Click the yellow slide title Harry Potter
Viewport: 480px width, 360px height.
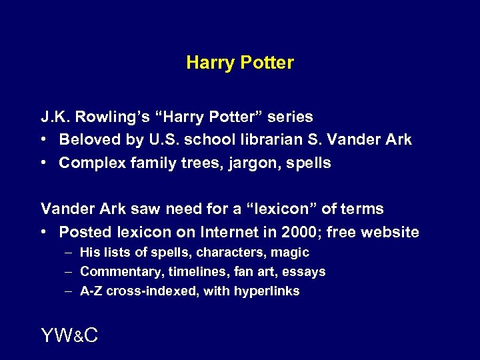pyautogui.click(x=240, y=63)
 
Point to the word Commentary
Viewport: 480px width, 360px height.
pyautogui.click(x=121, y=272)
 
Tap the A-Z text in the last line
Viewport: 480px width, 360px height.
pyautogui.click(x=91, y=291)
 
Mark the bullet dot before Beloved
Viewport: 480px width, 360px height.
pyautogui.click(x=44, y=140)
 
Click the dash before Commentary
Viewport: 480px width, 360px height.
pyautogui.click(x=70, y=272)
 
